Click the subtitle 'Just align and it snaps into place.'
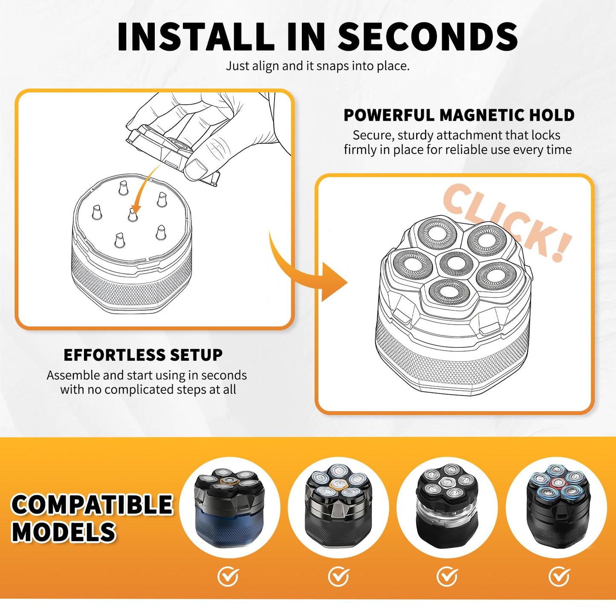point(318,66)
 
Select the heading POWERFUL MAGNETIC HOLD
point(459,115)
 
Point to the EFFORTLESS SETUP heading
point(143,355)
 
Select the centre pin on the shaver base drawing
point(132,214)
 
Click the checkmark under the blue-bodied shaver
point(228,576)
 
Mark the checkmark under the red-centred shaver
point(559,576)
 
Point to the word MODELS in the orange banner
point(64,532)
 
